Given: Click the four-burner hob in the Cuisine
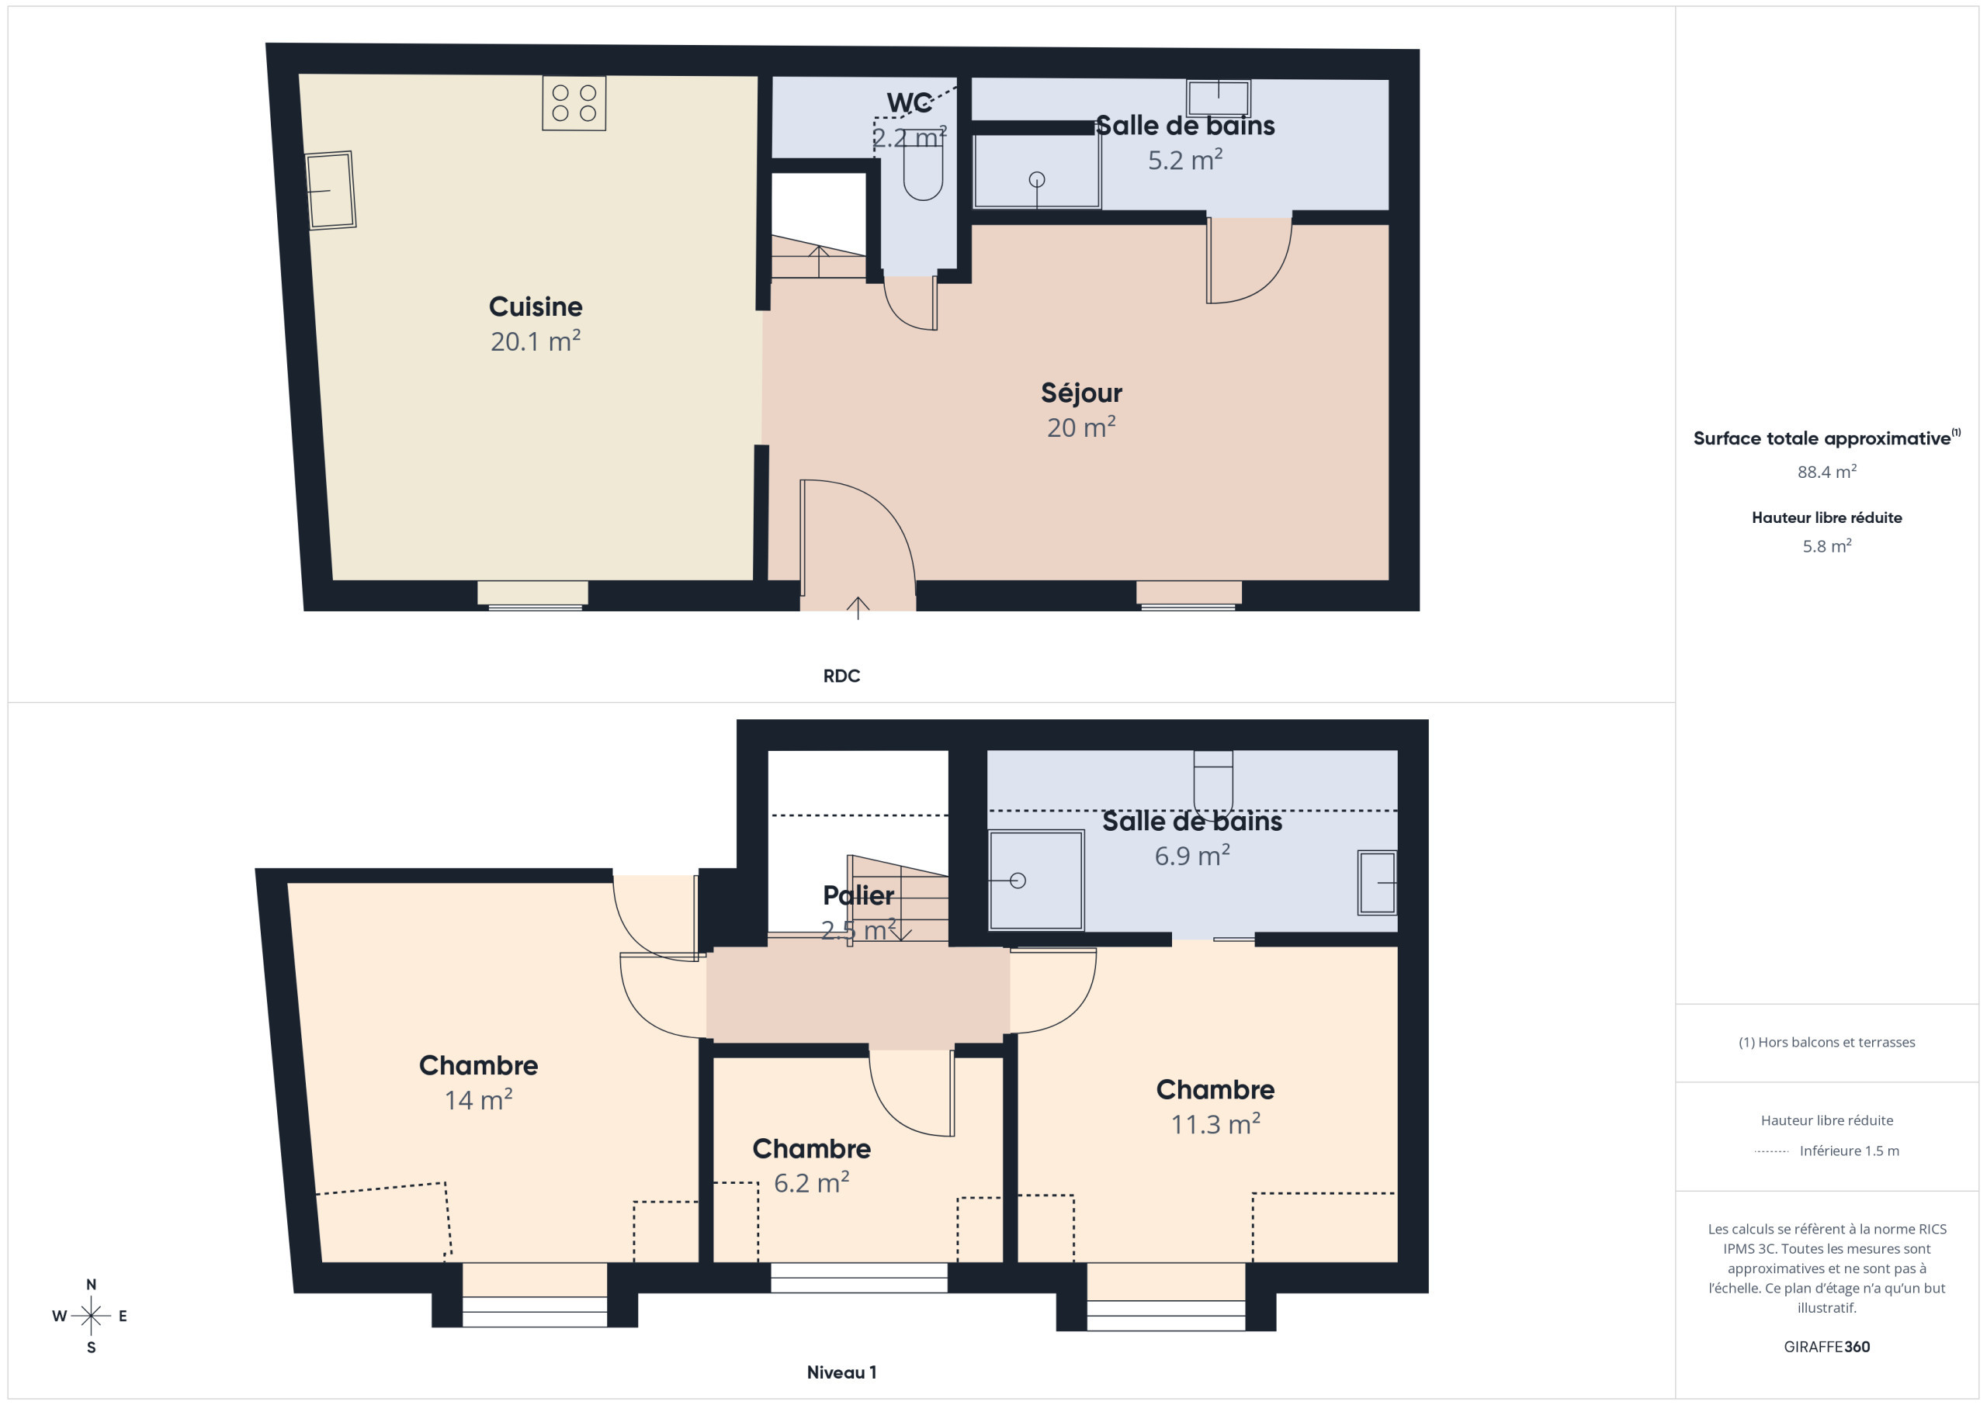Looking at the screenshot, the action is [574, 103].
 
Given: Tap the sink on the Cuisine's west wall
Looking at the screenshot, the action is [330, 190].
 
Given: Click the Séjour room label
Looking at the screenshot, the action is [1081, 393].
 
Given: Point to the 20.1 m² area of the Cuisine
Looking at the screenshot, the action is [536, 341].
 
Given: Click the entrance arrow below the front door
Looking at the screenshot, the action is [858, 607].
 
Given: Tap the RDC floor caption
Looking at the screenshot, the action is [841, 676].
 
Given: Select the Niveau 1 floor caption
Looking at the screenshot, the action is [841, 1372].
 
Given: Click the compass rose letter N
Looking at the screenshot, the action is [91, 1285].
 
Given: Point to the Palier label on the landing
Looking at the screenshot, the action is [858, 895].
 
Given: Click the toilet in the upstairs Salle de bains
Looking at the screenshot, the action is [1212, 779].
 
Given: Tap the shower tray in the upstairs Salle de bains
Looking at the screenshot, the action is [1036, 880].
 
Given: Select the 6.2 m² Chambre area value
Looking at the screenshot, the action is [811, 1182].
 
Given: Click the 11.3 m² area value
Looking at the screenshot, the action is [1215, 1124].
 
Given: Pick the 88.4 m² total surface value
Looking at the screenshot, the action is [1827, 472].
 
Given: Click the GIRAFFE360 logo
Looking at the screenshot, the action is [1827, 1347].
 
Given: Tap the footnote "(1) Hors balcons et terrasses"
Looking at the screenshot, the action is [1827, 1043].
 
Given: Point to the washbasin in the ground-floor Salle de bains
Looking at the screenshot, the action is [1219, 98].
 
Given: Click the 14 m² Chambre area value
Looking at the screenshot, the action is [479, 1099].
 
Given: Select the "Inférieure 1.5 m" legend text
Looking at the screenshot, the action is [1850, 1151].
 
